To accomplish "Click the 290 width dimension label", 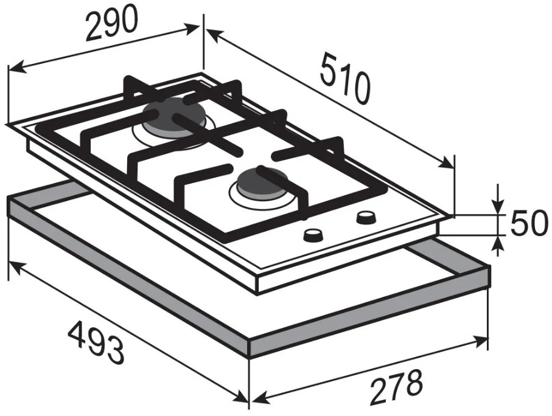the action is [x=111, y=23].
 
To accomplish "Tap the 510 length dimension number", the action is [x=345, y=78].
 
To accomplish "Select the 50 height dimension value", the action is [x=529, y=223].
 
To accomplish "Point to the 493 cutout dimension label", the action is [x=96, y=344].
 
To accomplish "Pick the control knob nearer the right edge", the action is [x=366, y=217].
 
